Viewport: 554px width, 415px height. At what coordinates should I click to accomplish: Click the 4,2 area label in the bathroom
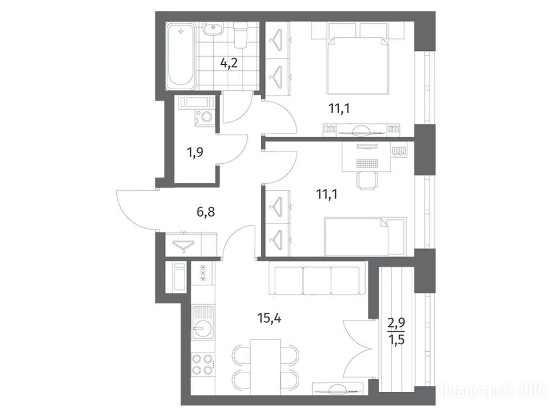(x=229, y=63)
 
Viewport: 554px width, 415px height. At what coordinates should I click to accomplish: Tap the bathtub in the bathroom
(x=181, y=56)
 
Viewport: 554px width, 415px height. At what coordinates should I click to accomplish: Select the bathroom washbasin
(x=213, y=29)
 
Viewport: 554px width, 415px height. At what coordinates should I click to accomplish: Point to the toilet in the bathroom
(x=242, y=35)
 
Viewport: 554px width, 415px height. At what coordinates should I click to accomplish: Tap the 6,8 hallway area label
(x=206, y=212)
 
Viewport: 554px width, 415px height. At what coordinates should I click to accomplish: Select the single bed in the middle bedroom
(x=365, y=236)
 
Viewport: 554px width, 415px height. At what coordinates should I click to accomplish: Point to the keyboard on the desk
(x=367, y=163)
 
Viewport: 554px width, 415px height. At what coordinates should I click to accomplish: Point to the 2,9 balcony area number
(x=397, y=323)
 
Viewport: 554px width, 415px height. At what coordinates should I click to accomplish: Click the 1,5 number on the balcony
(x=397, y=340)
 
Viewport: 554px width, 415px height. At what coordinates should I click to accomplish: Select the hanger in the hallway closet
(x=184, y=246)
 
